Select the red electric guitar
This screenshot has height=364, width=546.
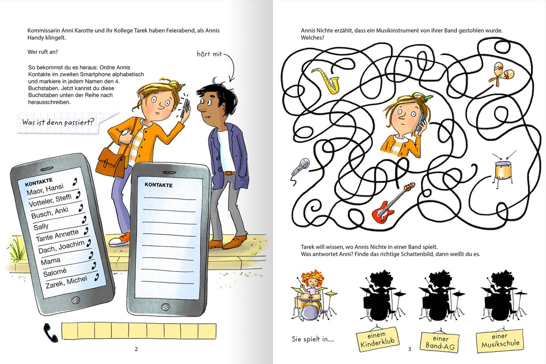pos(392,202)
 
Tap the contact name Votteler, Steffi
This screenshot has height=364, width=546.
pos(50,200)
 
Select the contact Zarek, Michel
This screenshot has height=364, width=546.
pos(66,282)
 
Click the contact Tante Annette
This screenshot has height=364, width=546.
pos(57,235)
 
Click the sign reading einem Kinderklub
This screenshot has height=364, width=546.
pos(377,339)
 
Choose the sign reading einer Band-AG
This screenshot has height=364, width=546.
pos(440,342)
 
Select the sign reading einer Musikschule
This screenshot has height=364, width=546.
pos(500,340)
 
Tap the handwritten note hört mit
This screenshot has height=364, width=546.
pos(210,54)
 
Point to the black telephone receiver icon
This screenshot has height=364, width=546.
pos(51,333)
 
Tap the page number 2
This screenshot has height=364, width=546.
pos(136,349)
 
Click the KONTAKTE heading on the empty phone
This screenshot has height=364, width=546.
pos(158,185)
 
